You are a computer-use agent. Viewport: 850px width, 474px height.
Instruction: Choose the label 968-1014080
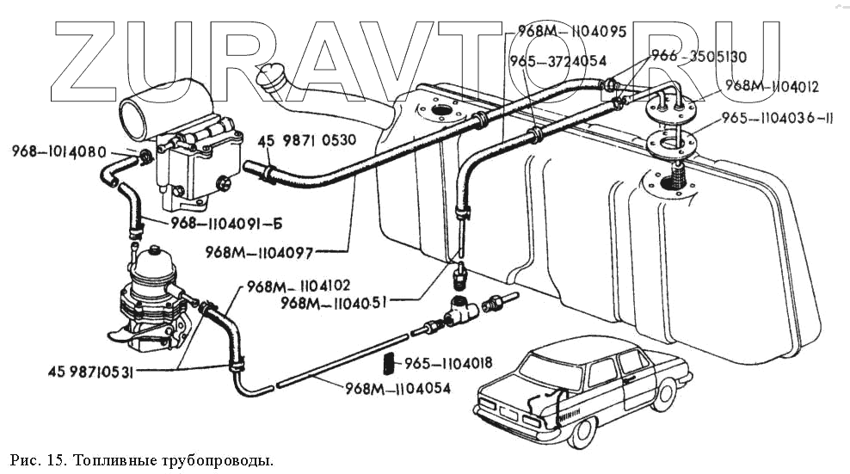click(59, 152)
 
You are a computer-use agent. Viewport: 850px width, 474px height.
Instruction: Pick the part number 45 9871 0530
click(308, 139)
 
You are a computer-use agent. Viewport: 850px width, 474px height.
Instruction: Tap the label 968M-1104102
click(299, 286)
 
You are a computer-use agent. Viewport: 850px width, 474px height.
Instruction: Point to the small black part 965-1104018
click(389, 363)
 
